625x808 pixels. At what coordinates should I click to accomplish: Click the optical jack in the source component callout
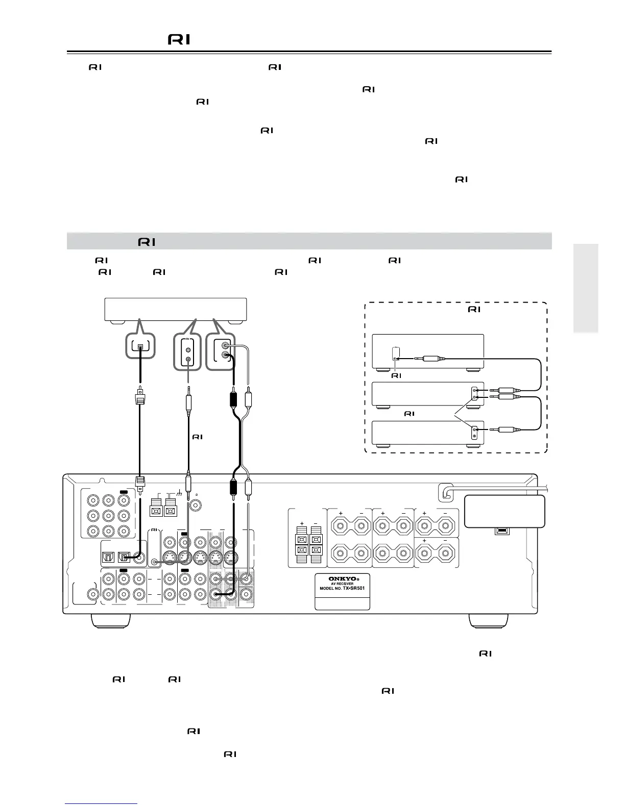(140, 347)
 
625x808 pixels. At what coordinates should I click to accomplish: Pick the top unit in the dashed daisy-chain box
(428, 351)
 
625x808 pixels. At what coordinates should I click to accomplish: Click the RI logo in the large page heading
(179, 39)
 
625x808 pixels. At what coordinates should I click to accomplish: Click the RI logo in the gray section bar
(147, 242)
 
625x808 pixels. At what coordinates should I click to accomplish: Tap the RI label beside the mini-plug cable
(198, 437)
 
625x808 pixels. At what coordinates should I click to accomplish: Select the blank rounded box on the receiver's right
(504, 511)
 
